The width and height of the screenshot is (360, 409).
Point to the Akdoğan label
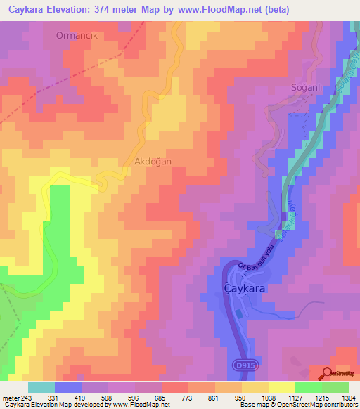153,161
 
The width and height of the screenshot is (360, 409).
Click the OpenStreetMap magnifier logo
328,374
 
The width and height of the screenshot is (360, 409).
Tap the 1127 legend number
295,398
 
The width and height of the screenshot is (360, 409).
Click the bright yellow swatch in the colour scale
281,387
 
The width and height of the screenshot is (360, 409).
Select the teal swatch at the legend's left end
41,387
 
